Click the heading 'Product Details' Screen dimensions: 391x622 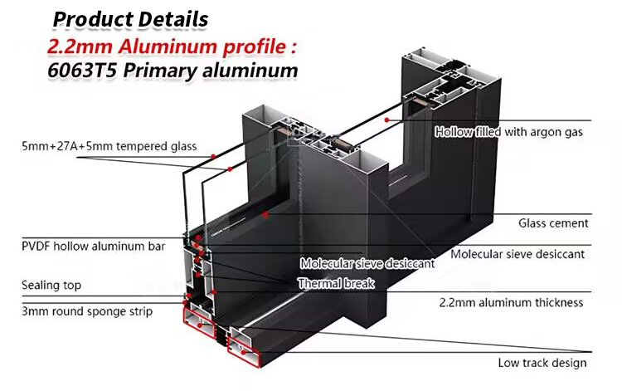point(131,17)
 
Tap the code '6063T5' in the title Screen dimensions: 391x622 point(85,71)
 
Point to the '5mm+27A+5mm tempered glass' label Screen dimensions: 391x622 point(109,148)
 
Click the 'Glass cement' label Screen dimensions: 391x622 point(553,223)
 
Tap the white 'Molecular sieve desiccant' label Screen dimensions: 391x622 point(367,264)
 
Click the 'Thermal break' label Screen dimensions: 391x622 point(336,284)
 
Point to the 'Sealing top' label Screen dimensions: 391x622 point(51,286)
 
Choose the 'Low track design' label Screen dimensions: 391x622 point(542,363)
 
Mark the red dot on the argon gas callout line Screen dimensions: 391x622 point(387,119)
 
